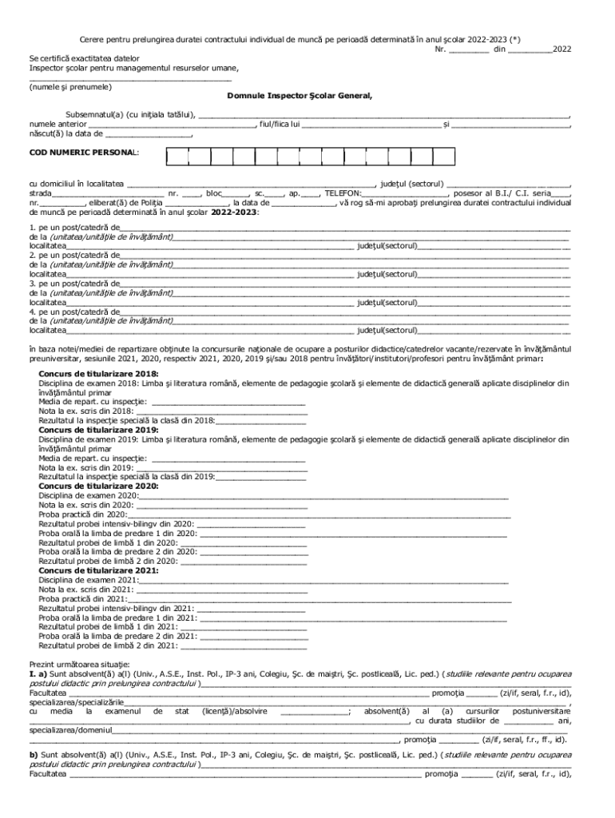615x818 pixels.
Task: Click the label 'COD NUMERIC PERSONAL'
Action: pos(83,151)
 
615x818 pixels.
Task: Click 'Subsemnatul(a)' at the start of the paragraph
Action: pos(93,115)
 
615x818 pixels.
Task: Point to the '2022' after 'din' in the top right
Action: pos(561,49)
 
